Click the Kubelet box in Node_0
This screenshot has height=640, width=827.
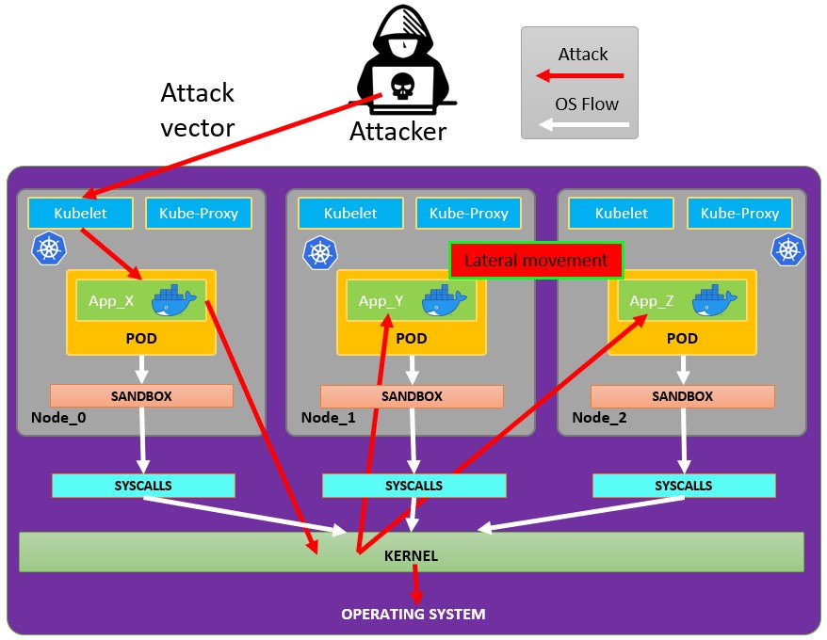[80, 214]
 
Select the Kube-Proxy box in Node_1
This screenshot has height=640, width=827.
[468, 214]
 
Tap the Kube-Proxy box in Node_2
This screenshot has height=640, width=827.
[739, 214]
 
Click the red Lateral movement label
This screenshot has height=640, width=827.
[536, 261]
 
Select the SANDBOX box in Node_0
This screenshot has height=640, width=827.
[141, 396]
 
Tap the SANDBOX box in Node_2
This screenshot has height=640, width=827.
[682, 396]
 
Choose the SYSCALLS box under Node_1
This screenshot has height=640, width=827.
[413, 486]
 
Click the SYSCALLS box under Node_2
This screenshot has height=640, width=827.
[684, 486]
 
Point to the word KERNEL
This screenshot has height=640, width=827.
[411, 556]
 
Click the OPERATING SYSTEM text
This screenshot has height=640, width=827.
[413, 615]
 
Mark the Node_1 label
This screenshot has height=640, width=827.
[329, 417]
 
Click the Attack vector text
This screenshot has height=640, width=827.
[197, 110]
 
